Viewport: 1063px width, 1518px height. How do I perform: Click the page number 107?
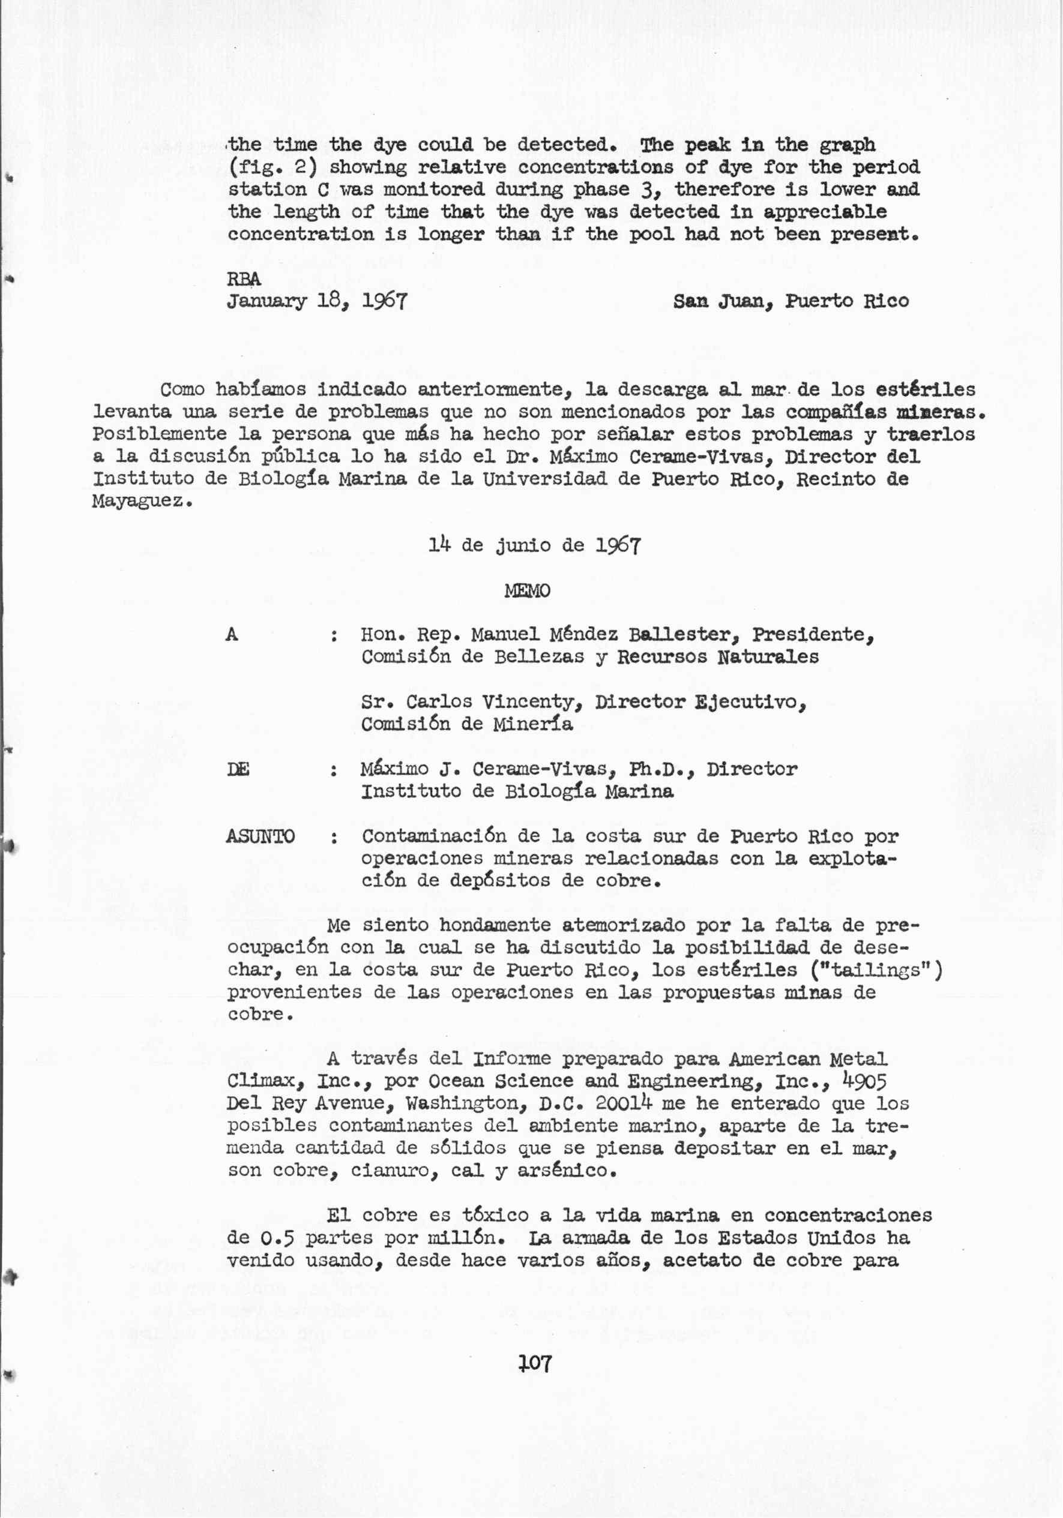[x=535, y=1363]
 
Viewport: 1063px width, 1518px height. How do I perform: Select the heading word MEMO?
[x=526, y=590]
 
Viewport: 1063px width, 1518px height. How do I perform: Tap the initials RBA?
[x=244, y=280]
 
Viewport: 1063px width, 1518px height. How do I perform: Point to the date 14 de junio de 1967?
[x=534, y=545]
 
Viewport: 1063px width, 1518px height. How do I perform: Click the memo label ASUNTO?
[x=260, y=836]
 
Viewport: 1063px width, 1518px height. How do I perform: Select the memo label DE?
[x=238, y=770]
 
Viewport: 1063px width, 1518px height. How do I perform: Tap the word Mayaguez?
[x=142, y=501]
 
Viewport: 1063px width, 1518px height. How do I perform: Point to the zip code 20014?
[x=624, y=1103]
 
